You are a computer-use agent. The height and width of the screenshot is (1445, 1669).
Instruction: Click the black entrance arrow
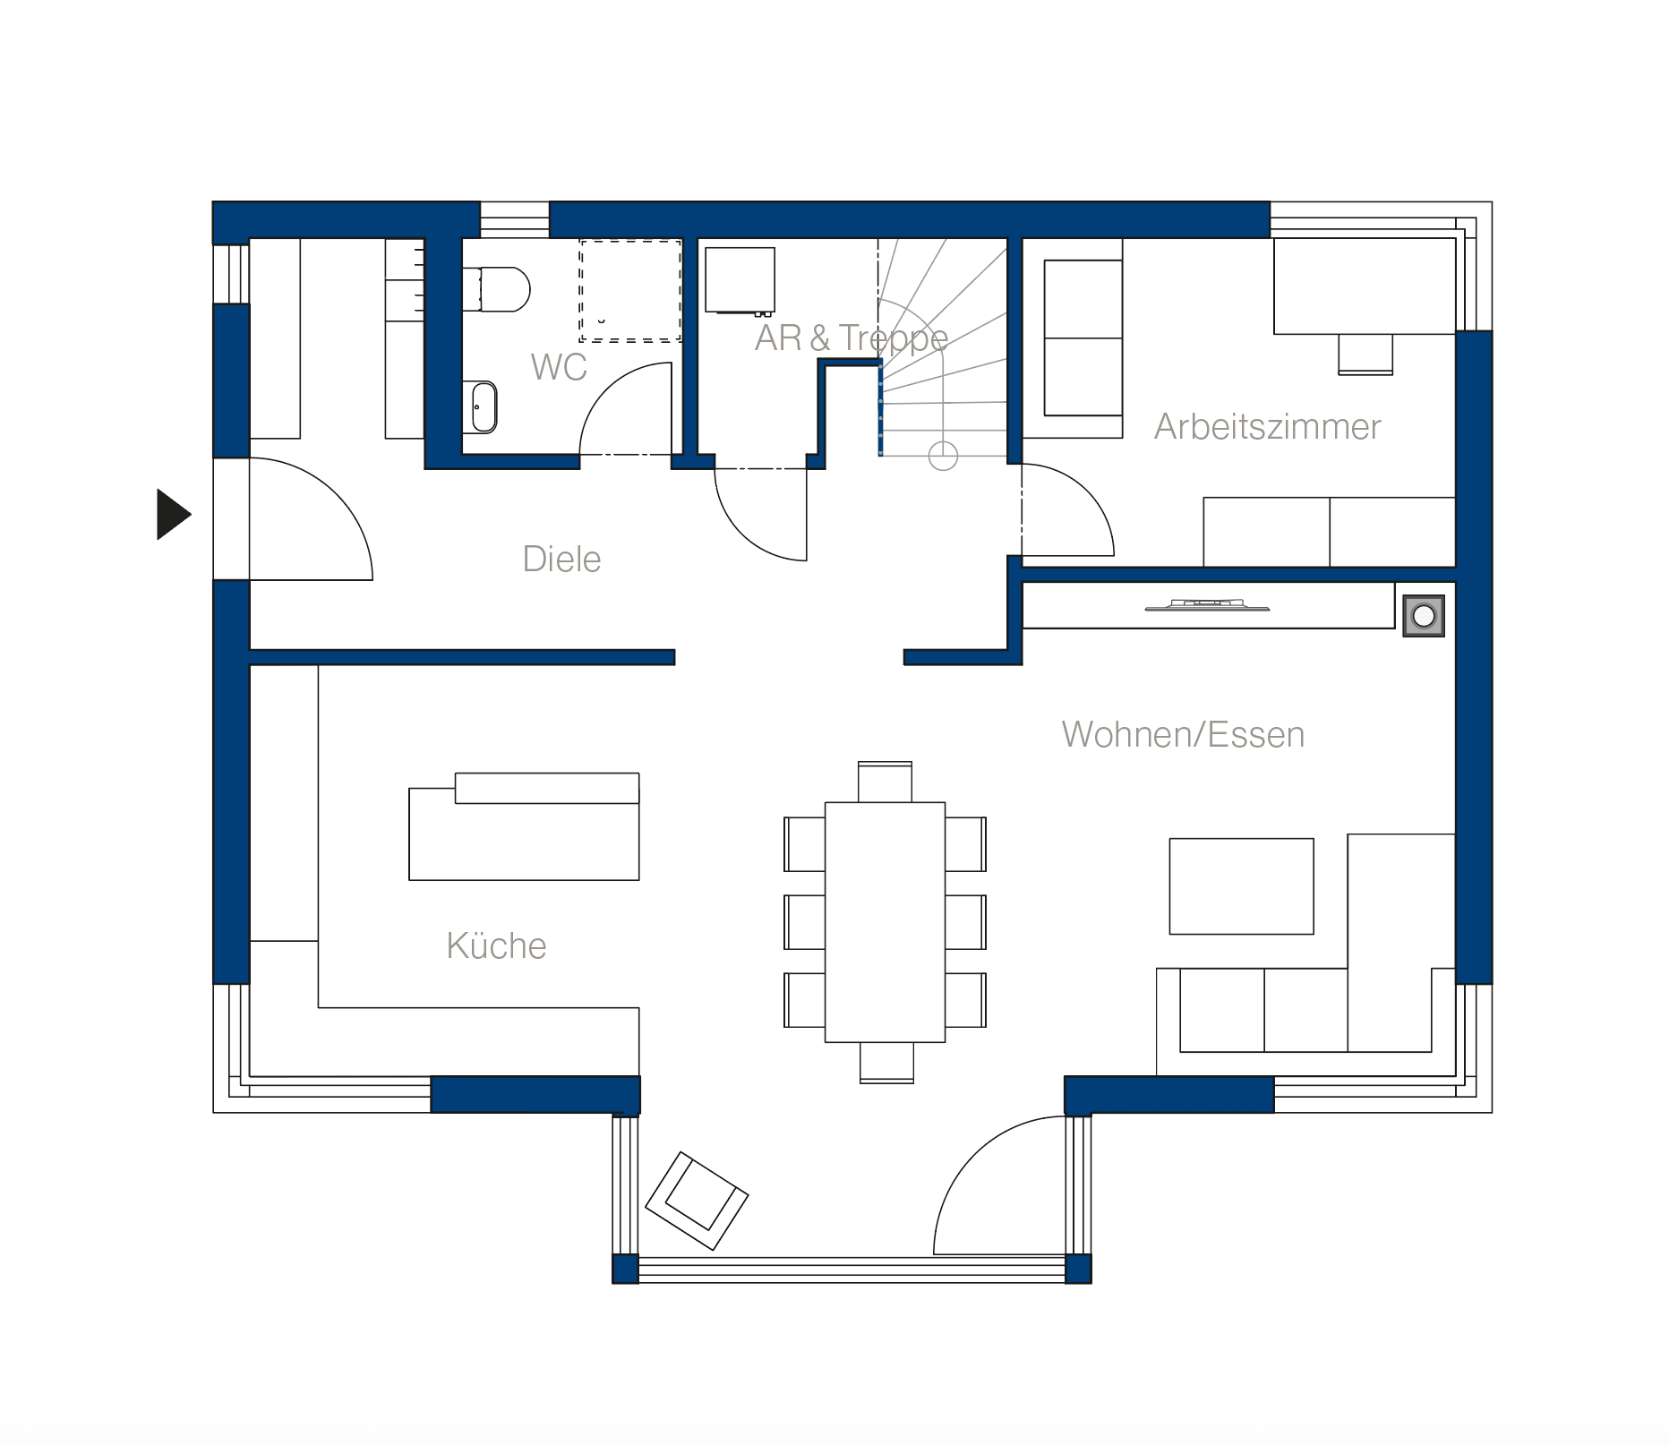pyautogui.click(x=174, y=515)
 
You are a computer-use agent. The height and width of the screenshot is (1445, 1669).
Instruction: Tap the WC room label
pyautogui.click(x=559, y=367)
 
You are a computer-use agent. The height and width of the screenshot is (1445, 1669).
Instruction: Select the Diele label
pyautogui.click(x=561, y=559)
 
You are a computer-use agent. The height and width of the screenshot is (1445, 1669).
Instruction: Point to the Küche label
pyautogui.click(x=496, y=945)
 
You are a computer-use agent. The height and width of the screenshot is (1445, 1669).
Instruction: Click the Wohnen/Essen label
pyautogui.click(x=1183, y=734)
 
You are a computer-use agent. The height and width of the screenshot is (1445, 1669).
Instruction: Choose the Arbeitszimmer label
pyautogui.click(x=1267, y=427)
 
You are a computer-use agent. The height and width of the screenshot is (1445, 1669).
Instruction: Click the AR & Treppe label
pyautogui.click(x=852, y=338)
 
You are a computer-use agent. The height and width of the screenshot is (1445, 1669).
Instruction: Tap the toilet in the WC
pyautogui.click(x=497, y=289)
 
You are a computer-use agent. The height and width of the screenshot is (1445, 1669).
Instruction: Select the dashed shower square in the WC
pyautogui.click(x=630, y=290)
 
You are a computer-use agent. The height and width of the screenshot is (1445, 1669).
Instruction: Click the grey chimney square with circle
pyautogui.click(x=1424, y=616)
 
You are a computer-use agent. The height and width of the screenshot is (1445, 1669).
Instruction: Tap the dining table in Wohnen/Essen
pyautogui.click(x=885, y=922)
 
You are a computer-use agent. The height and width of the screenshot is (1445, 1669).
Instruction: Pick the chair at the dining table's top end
pyautogui.click(x=885, y=782)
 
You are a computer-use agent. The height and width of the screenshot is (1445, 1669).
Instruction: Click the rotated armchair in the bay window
pyautogui.click(x=697, y=1201)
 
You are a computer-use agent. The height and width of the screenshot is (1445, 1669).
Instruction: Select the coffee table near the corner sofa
pyautogui.click(x=1241, y=886)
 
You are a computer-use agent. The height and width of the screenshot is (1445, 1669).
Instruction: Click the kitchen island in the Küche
pyautogui.click(x=524, y=826)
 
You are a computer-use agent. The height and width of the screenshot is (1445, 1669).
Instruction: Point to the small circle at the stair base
pyautogui.click(x=943, y=456)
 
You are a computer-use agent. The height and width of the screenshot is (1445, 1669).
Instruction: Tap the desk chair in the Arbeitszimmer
pyautogui.click(x=1365, y=355)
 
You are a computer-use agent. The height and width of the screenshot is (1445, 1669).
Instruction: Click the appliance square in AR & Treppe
pyautogui.click(x=740, y=280)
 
